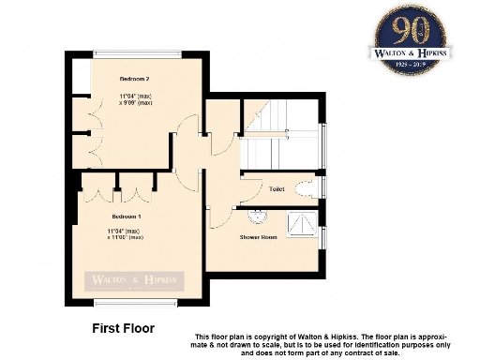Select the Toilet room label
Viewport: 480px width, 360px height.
(276, 189)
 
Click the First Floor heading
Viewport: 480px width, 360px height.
(123, 329)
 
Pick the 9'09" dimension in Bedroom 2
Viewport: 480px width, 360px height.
(137, 103)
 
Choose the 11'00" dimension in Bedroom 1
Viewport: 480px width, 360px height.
(124, 237)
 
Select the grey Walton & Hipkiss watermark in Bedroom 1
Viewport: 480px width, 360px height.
(135, 279)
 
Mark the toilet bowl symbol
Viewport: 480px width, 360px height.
(305, 188)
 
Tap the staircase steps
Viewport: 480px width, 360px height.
(281, 150)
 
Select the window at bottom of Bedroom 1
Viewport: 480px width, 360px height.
(136, 304)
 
